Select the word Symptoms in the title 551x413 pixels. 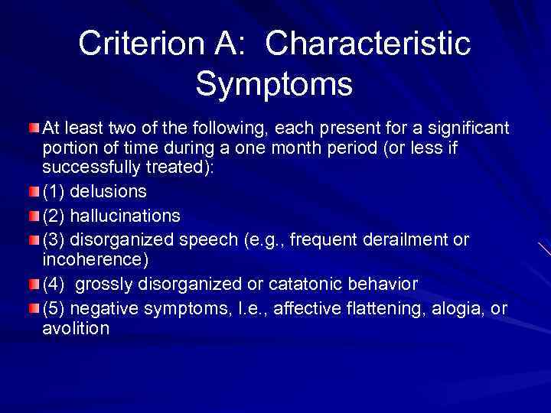274,83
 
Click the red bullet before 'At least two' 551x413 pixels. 35,125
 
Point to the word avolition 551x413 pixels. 76,329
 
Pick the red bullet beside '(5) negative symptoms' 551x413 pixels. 35,307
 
